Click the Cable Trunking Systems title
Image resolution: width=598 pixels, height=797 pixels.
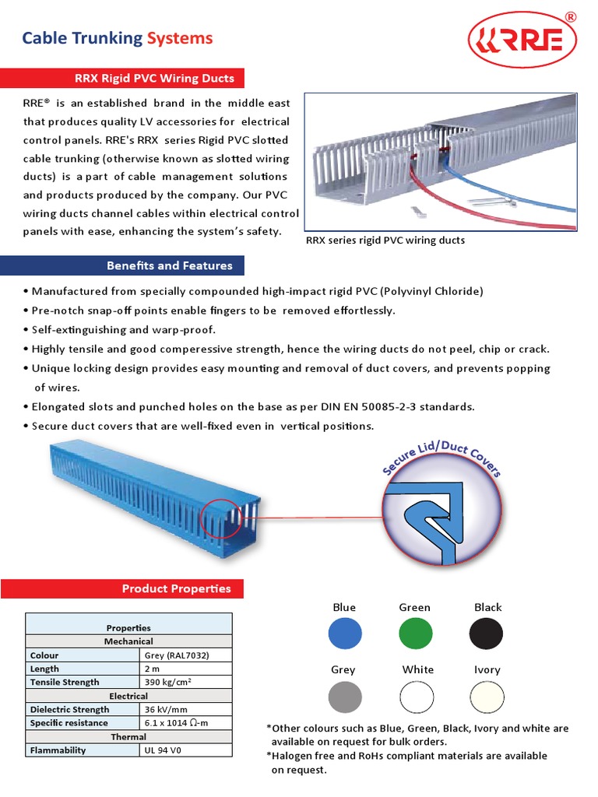coord(117,38)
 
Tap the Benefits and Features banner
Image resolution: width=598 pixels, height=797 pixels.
coord(169,265)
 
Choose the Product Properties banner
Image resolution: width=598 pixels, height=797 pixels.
coord(176,588)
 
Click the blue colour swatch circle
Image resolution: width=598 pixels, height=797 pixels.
coord(345,634)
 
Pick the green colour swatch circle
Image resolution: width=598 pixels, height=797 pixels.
coord(415,634)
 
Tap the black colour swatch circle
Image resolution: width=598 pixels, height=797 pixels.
coord(486,634)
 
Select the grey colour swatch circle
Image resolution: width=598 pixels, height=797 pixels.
coord(345,696)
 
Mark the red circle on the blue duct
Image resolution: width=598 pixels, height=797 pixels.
coord(223,513)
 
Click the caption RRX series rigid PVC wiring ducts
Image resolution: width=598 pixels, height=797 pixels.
coord(385,241)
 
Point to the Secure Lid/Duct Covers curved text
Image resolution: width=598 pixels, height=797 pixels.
coord(441,457)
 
